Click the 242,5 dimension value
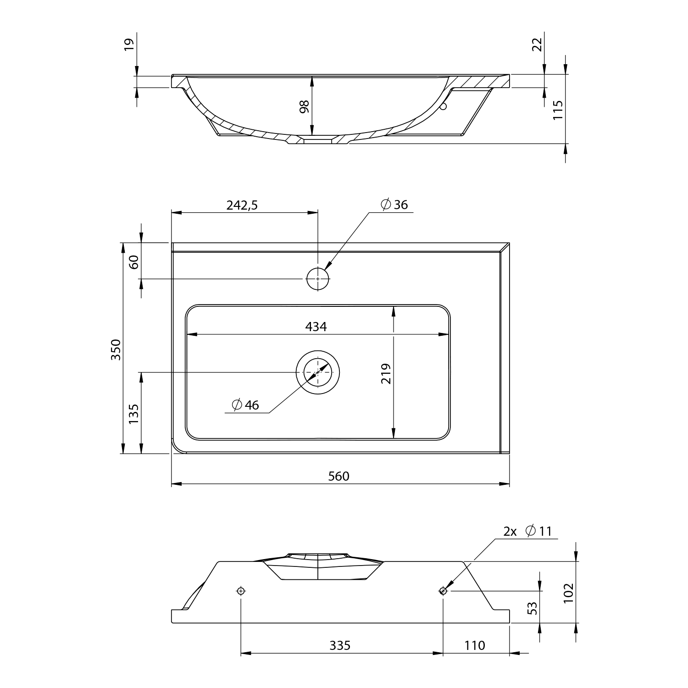click(242, 205)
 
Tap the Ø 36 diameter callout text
click(394, 205)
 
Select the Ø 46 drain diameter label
click(245, 405)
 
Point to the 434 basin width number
click(316, 327)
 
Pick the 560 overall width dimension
click(339, 476)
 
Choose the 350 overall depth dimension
click(116, 349)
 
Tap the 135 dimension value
click(133, 414)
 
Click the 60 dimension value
click(133, 262)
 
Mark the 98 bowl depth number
click(304, 106)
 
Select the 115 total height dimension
click(558, 110)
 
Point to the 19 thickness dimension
click(129, 44)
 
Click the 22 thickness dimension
click(537, 44)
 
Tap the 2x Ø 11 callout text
click(527, 531)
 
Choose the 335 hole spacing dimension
click(340, 645)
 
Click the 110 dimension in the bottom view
click(474, 645)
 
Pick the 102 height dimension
click(568, 593)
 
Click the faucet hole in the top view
click(318, 278)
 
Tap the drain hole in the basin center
click(318, 372)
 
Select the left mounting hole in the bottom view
click(241, 591)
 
